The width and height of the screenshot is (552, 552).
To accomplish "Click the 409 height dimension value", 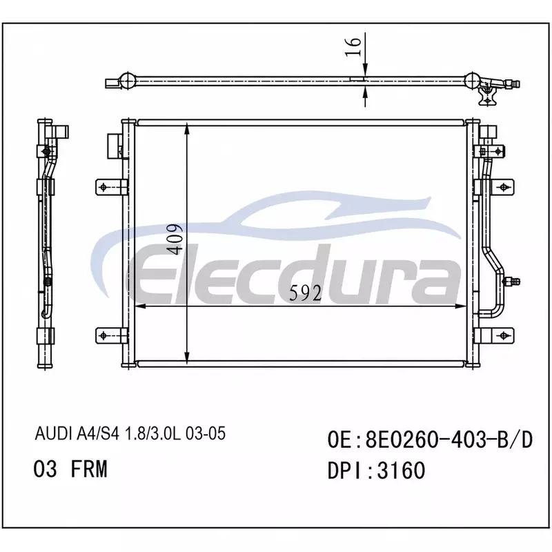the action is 175,239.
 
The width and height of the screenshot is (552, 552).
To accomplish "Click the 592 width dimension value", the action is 306,293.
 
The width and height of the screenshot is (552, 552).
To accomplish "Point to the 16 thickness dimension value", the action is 353,46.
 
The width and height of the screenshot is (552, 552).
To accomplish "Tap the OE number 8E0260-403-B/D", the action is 430,440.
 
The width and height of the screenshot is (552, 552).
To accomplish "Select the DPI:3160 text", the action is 376,471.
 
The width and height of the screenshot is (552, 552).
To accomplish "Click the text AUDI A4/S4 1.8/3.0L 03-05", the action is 130,433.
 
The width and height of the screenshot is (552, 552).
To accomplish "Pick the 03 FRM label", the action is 70,469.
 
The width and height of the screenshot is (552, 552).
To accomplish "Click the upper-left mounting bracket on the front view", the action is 111,187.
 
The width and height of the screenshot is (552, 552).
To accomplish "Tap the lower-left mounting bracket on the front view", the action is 111,335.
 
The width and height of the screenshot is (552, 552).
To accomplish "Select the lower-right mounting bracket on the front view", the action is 494,335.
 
